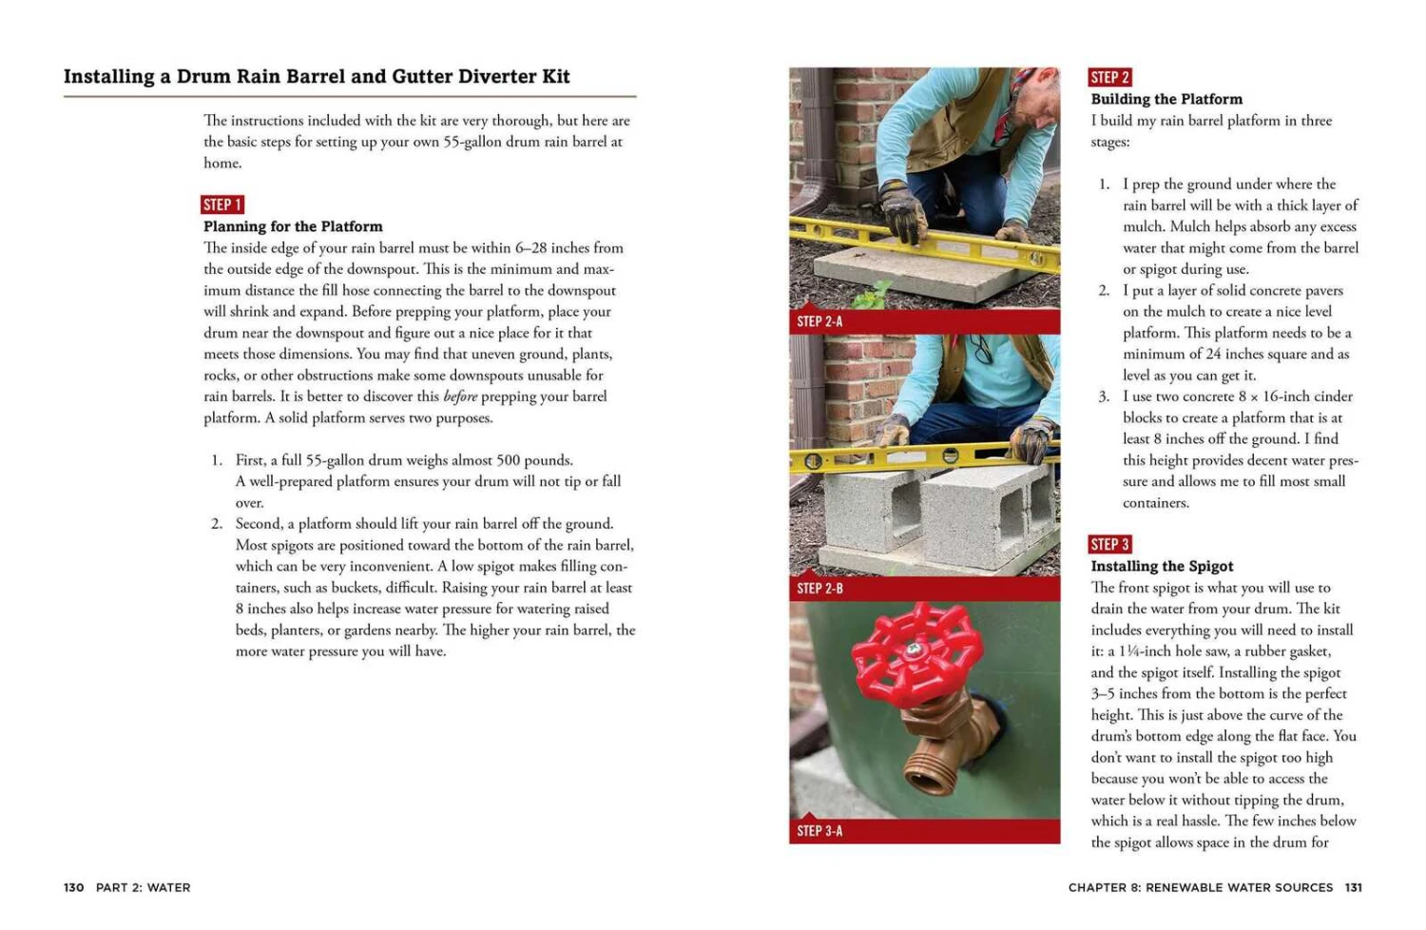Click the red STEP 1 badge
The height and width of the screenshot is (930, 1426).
coord(222,204)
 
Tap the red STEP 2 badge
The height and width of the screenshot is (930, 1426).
coord(1109,77)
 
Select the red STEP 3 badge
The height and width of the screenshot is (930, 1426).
coord(1109,544)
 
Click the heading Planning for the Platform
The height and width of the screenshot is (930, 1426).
coord(293,226)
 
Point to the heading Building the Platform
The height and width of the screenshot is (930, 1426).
coord(1166,99)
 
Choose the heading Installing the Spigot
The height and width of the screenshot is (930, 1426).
coord(1162,566)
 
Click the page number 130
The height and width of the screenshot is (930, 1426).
coord(73,887)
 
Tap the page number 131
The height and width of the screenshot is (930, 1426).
coord(1354,887)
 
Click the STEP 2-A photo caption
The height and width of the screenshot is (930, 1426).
coord(819,321)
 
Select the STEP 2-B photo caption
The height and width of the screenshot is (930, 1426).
coord(819,589)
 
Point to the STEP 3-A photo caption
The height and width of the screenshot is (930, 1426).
coord(819,831)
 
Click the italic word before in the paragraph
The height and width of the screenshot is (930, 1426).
coord(460,397)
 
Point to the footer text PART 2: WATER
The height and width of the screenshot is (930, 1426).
coord(143,887)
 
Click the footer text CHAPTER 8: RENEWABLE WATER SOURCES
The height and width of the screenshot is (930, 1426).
coord(1200,887)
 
